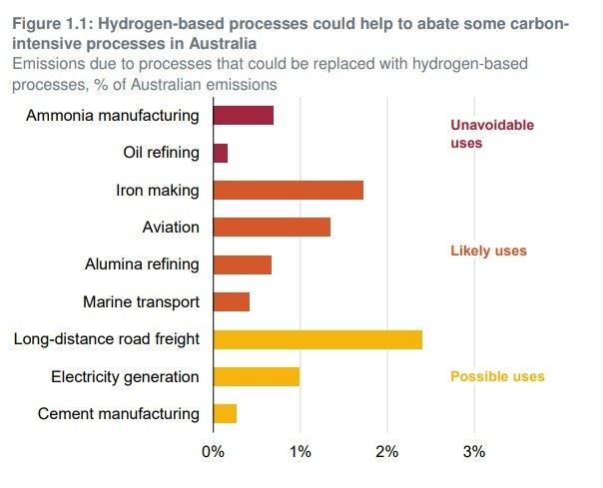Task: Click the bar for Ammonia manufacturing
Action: coord(243,116)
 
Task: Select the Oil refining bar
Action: coord(221,153)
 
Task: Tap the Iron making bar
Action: coord(288,190)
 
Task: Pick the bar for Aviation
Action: coord(272,228)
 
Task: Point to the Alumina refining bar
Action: coord(242,264)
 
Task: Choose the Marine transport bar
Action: coord(231,301)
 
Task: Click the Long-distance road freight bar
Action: coord(317,339)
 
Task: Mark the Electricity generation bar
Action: coord(256,376)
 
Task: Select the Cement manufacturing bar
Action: coord(225,413)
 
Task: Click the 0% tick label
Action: coord(213,451)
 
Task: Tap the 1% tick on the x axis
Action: coord(300,451)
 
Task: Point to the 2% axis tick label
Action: coord(386,451)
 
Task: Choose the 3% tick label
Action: coord(474,451)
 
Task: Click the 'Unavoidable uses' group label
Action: coord(492,134)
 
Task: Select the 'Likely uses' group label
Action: coord(488,250)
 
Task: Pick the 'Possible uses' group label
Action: coord(497,376)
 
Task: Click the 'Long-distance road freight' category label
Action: coord(107,339)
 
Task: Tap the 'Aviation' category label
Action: coord(171,228)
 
